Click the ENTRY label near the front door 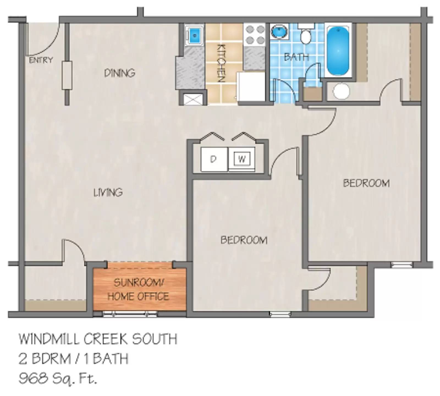point(41,60)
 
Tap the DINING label point(120,73)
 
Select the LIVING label point(108,192)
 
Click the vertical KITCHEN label point(221,63)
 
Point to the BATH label point(296,57)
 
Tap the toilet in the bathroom point(306,35)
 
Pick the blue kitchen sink point(194,35)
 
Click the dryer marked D point(213,159)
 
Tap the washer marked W point(242,159)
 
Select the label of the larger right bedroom point(366,183)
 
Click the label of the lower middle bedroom point(244,240)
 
